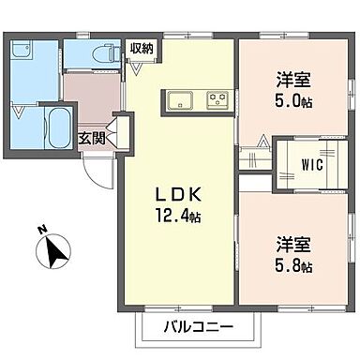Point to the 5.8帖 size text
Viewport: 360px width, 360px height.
pyautogui.click(x=294, y=267)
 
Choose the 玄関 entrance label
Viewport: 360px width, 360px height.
pyautogui.click(x=91, y=140)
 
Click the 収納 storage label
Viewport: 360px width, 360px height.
pyautogui.click(x=142, y=48)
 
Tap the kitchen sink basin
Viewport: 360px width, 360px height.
pyautogui.click(x=179, y=99)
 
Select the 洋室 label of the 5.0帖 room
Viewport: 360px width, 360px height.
pyautogui.click(x=290, y=80)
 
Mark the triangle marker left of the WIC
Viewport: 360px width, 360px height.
pyautogui.click(x=263, y=143)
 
